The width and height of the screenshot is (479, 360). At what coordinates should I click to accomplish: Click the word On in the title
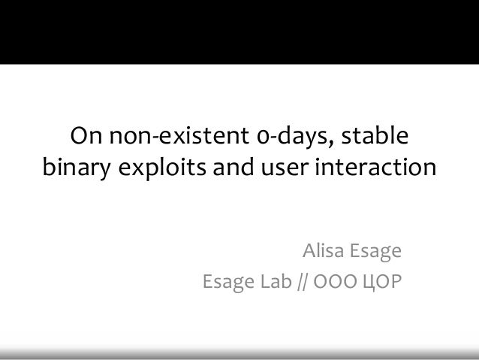coord(86,138)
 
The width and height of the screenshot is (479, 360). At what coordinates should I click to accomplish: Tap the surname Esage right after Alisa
coord(375,251)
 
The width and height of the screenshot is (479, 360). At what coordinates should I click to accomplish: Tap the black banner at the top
coord(239,30)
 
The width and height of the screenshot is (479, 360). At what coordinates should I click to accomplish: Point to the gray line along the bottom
coord(239,352)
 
